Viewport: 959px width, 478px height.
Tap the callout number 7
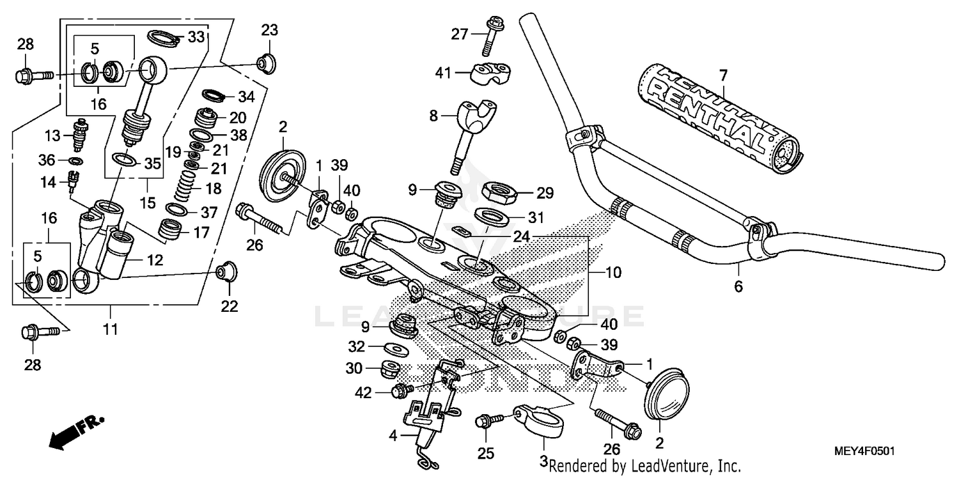coord(723,76)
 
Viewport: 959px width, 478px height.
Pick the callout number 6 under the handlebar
coord(738,287)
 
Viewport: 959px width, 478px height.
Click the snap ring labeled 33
coord(164,38)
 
